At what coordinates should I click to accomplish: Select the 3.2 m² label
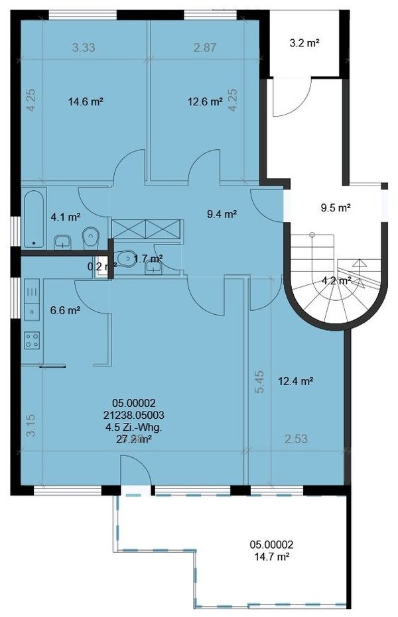[x=304, y=43]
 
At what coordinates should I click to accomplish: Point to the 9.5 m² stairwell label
[x=335, y=207]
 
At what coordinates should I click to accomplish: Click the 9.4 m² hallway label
[x=222, y=213]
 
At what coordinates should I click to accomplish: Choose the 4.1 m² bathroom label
[x=66, y=216]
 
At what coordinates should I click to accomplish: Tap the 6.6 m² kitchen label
[x=66, y=309]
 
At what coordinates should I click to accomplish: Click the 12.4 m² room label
[x=296, y=381]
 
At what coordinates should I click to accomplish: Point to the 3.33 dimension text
[x=83, y=47]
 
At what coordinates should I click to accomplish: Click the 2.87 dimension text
[x=205, y=47]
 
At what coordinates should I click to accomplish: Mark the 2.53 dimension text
[x=297, y=439]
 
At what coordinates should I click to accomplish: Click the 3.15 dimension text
[x=29, y=425]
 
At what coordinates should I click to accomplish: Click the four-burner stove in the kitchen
[x=31, y=341]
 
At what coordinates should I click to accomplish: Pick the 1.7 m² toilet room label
[x=149, y=258]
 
